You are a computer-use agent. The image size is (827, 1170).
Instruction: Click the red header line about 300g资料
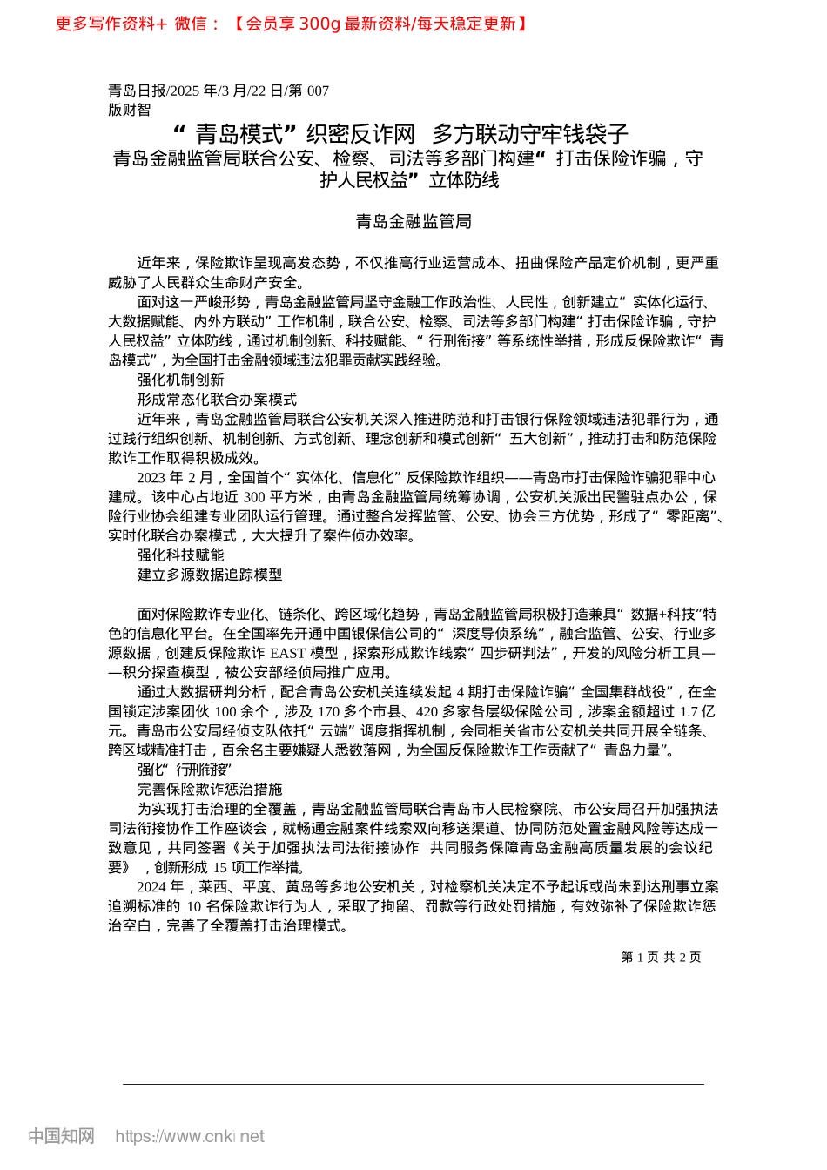point(292,24)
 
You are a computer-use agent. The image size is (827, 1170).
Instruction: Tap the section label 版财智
point(129,110)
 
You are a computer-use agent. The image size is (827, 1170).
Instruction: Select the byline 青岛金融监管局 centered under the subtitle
point(413,221)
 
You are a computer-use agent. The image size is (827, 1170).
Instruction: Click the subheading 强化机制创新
point(180,380)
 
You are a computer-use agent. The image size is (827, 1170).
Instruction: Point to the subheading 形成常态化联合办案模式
point(217,400)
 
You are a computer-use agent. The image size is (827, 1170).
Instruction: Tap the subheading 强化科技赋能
point(180,555)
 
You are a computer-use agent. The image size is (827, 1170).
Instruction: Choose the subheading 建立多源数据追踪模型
point(210,575)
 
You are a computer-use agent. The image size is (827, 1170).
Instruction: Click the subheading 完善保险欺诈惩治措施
point(210,789)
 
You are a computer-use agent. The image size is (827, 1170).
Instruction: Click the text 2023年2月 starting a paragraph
point(174,477)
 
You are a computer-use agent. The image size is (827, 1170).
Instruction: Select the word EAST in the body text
point(287,653)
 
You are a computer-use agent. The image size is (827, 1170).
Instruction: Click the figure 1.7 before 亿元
point(689,711)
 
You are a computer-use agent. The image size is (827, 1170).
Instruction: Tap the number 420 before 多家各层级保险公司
point(427,711)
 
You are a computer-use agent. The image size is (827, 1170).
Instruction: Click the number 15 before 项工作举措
point(219,867)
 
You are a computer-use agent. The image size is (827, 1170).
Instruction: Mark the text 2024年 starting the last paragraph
point(160,887)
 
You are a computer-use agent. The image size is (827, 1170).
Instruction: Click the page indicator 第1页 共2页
point(661,957)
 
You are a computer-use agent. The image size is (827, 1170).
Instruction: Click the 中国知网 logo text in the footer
point(61,1136)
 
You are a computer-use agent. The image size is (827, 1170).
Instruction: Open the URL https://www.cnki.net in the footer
point(190,1136)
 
